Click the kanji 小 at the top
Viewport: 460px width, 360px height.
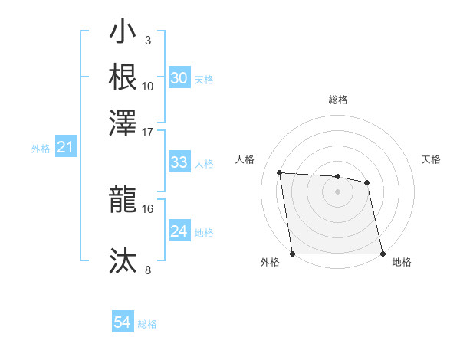[x=123, y=34]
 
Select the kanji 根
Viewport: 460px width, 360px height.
[x=123, y=77]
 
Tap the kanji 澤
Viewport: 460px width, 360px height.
[x=123, y=120]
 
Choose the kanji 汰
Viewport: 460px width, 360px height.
[x=123, y=260]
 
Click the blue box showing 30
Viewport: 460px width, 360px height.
[x=179, y=78]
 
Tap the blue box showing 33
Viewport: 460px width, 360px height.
[x=179, y=162]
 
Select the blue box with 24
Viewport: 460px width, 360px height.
[x=179, y=231]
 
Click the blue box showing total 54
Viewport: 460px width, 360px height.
[x=122, y=322]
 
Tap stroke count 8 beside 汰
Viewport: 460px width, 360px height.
[x=148, y=270]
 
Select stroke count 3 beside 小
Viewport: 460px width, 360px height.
[x=148, y=40]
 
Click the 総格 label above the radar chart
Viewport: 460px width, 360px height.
[x=338, y=100]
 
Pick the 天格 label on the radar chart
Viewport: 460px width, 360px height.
[x=432, y=159]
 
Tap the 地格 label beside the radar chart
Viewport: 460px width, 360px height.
[x=402, y=263]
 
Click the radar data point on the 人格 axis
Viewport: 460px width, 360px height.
[x=280, y=172]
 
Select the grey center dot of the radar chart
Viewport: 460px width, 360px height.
[x=338, y=191]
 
